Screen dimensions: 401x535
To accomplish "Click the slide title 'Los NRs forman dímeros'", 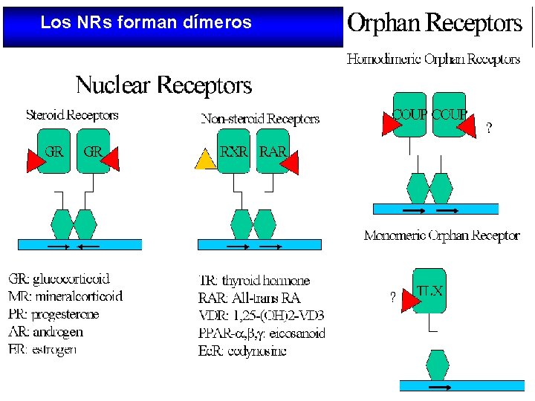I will (x=146, y=23).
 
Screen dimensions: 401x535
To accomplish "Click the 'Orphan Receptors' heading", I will (x=435, y=24).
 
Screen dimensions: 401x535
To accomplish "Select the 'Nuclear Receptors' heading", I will (x=163, y=85).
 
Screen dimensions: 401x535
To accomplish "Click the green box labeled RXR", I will (x=236, y=152).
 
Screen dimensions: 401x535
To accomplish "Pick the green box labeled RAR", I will (x=272, y=152).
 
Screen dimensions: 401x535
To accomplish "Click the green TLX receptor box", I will (x=429, y=290).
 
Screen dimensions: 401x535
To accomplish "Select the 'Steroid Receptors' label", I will (x=72, y=115).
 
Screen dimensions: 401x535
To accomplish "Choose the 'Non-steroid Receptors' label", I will (x=260, y=119).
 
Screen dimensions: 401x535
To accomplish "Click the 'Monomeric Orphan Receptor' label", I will (x=441, y=235).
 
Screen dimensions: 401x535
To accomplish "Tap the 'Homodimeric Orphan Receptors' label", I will (x=433, y=59).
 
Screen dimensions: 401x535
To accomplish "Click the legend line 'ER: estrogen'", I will (x=42, y=350).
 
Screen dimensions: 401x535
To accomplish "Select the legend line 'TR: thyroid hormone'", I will (x=254, y=281).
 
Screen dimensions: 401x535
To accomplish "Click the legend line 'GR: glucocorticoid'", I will (x=59, y=279).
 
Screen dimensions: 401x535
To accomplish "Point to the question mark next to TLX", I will (x=392, y=298).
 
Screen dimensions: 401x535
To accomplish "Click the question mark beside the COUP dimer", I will (x=487, y=128).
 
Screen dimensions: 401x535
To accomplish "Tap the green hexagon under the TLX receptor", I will (x=438, y=364).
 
